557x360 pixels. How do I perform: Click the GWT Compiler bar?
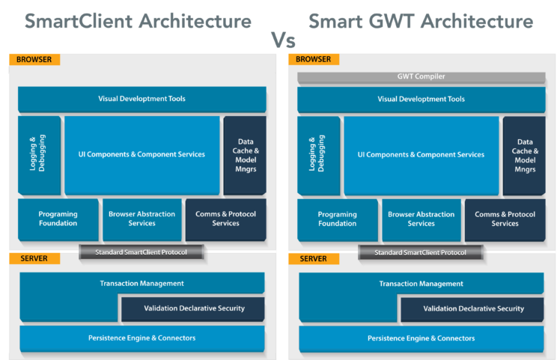[x=421, y=77]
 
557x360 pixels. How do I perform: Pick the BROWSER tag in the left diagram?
[x=34, y=59]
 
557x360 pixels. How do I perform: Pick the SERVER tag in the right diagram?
[x=314, y=259]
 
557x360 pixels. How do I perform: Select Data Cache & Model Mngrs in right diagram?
[x=525, y=155]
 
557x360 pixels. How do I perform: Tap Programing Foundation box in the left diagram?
[x=58, y=219]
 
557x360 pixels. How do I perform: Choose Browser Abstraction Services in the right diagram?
[x=421, y=219]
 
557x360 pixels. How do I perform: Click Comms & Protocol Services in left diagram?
[x=225, y=219]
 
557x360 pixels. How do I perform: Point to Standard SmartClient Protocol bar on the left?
[x=142, y=252]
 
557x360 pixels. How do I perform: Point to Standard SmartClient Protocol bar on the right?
[x=421, y=252]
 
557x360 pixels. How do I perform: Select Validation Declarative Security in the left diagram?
[x=193, y=308]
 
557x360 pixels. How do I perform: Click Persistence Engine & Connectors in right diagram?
[x=421, y=338]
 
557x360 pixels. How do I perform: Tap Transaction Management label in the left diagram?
[x=141, y=284]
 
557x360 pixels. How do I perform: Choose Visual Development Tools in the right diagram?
[x=421, y=99]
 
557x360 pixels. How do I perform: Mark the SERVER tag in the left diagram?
[x=34, y=259]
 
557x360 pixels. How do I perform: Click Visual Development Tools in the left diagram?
[x=141, y=99]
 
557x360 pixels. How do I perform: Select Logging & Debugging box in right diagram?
[x=318, y=155]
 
